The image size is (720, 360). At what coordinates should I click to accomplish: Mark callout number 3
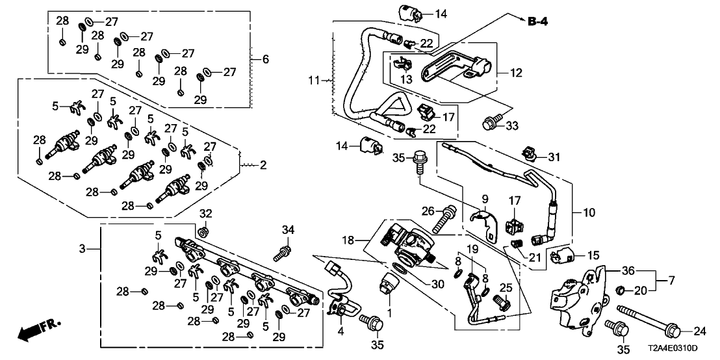coord(83,249)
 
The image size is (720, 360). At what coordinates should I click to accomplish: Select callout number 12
coord(515,73)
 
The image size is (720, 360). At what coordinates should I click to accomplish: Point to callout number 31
coord(553,156)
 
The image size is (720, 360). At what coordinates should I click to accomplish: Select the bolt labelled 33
coord(489,122)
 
